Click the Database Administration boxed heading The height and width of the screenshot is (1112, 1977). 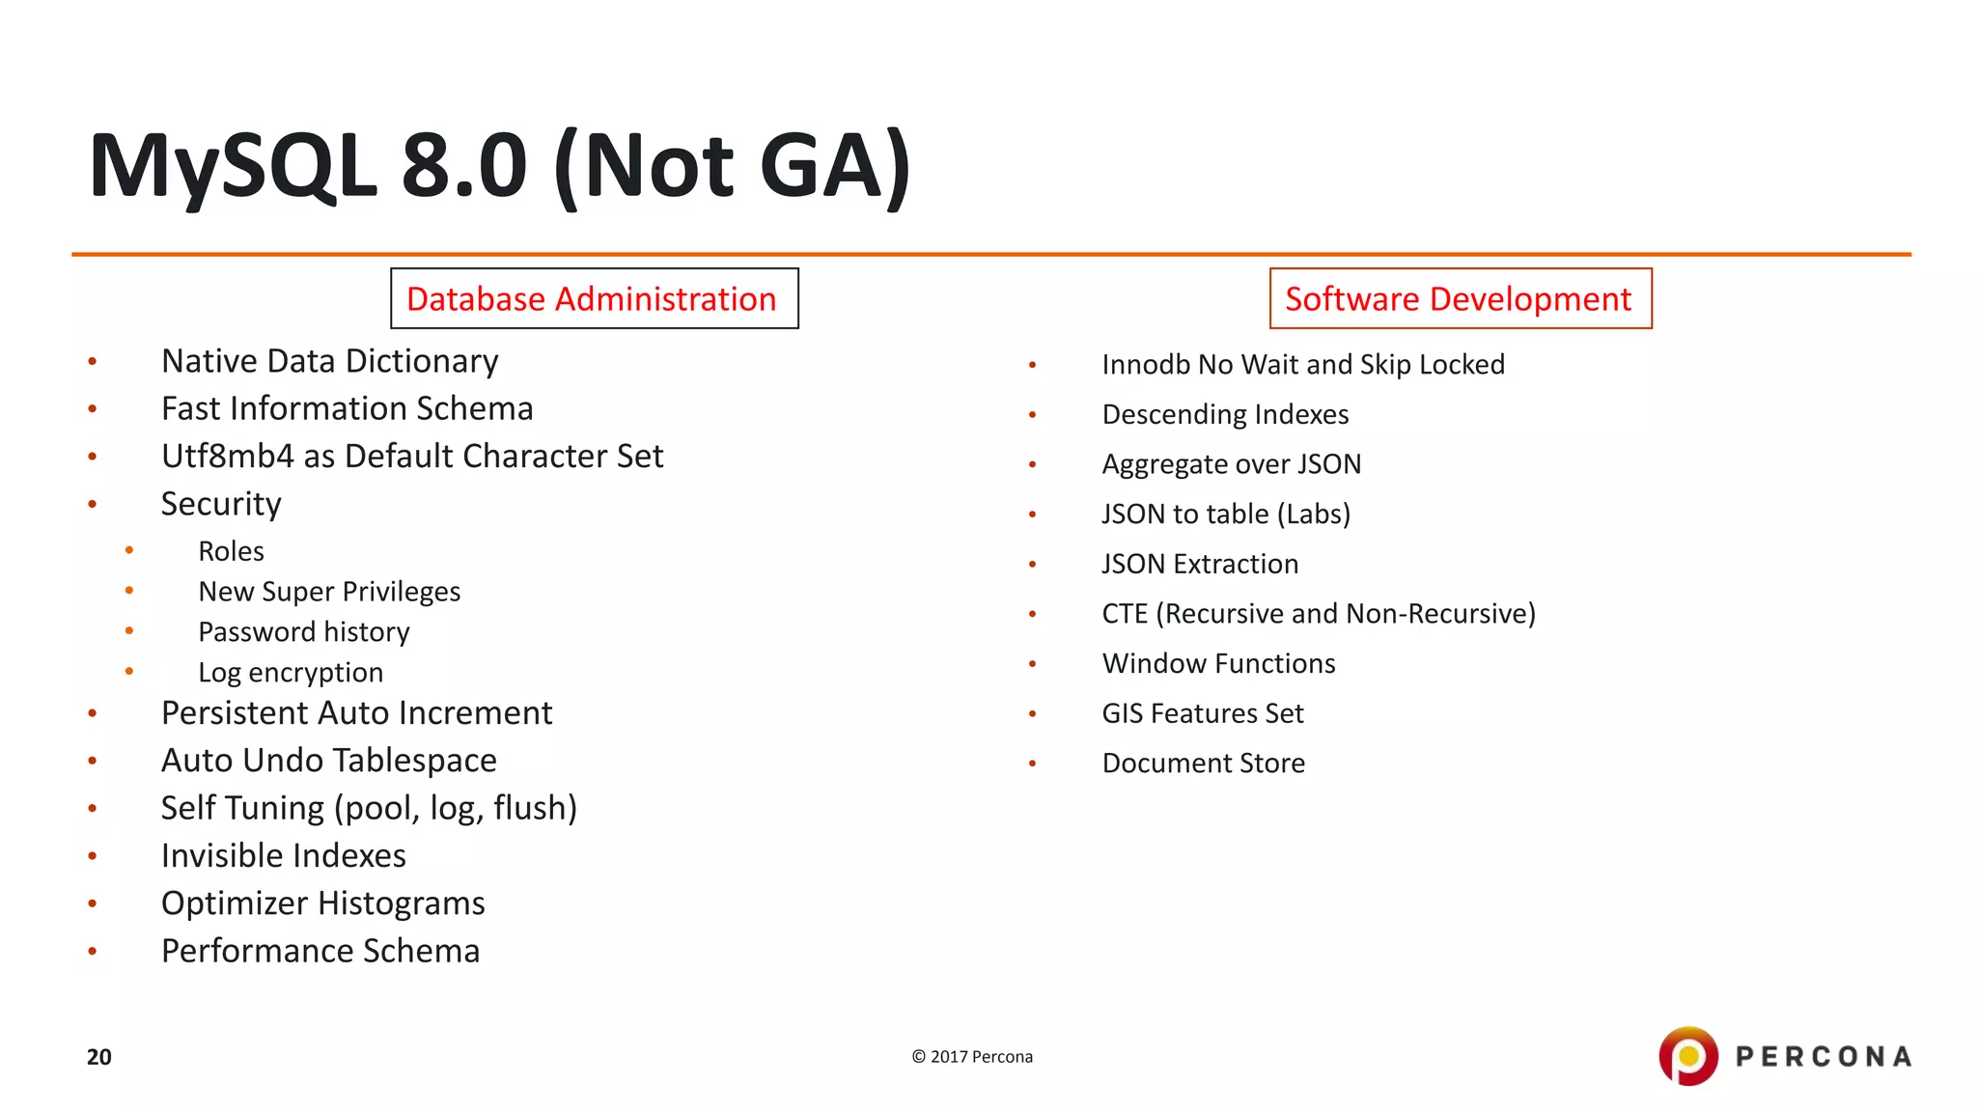tap(593, 299)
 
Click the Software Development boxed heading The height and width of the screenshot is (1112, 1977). tap(1459, 299)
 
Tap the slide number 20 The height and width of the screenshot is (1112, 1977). tap(99, 1057)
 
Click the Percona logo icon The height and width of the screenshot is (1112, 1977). tap(1687, 1055)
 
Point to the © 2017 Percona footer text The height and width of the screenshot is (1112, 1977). tap(972, 1057)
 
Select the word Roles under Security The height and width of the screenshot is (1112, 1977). tap(231, 551)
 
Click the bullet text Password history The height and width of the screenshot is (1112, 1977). tap(303, 632)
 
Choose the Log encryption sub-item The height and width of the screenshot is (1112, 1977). tap(290, 673)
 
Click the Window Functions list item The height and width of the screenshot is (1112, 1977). tap(1218, 664)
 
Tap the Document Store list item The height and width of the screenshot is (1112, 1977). tap(1203, 764)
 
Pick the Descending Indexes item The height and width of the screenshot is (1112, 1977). tap(1225, 415)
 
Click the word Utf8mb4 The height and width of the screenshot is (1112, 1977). tap(227, 457)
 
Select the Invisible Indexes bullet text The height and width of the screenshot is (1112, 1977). tap(283, 856)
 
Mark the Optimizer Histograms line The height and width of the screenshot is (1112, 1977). tap(322, 903)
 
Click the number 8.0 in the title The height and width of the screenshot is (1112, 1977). tap(463, 166)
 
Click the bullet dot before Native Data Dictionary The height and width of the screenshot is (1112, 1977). tap(93, 362)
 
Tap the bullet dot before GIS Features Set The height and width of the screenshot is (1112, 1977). tap(1032, 714)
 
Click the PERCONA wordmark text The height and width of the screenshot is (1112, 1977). tap(1823, 1057)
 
